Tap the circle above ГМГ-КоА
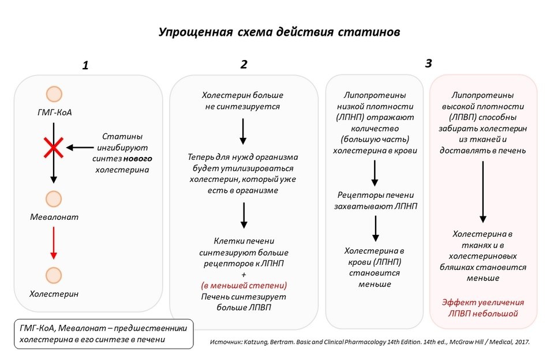(x=54, y=94)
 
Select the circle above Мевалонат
(x=54, y=199)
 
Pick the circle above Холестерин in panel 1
(x=54, y=275)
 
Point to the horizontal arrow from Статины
(x=80, y=148)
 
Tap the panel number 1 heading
(x=85, y=65)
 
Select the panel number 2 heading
(x=244, y=65)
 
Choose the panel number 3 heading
(x=428, y=63)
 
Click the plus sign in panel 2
(x=244, y=274)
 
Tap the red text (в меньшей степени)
(x=244, y=285)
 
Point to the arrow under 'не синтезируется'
(x=243, y=132)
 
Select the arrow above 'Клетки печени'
(x=244, y=215)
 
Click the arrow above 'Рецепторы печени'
(x=375, y=172)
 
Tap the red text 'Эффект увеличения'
(x=483, y=302)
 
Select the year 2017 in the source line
(x=519, y=342)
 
